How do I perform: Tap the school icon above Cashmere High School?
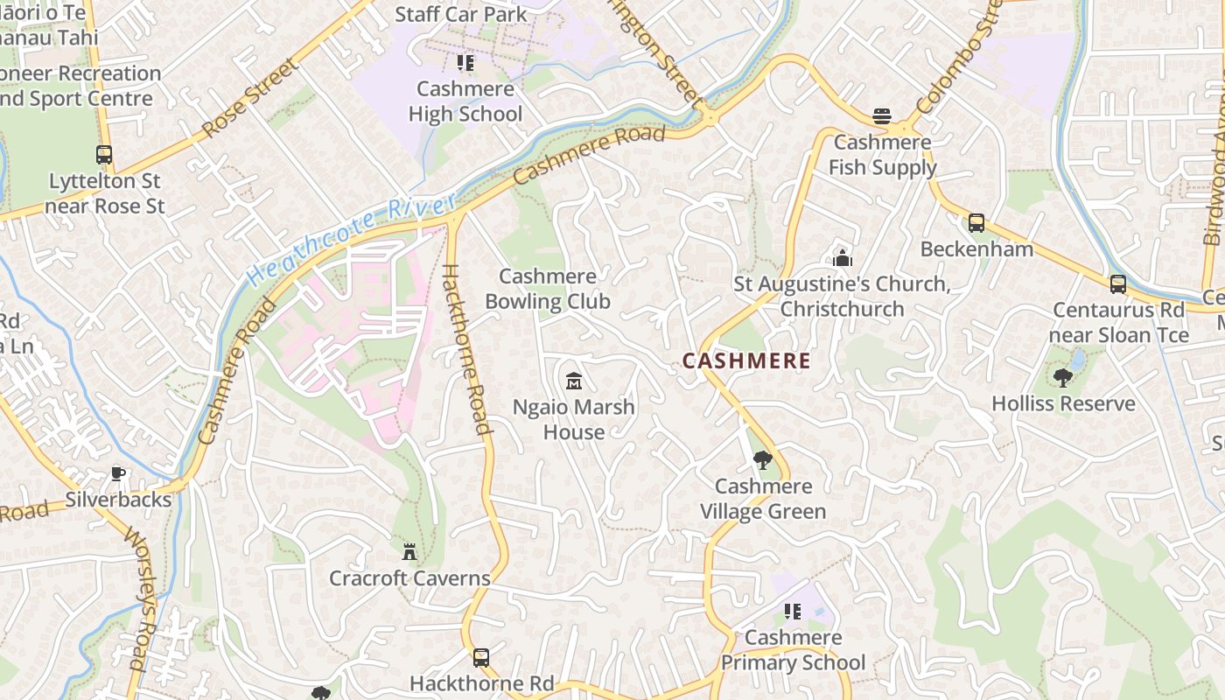click(x=465, y=63)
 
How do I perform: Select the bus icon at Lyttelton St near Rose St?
click(x=104, y=155)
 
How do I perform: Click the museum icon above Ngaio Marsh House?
click(x=574, y=381)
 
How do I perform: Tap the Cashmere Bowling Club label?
click(x=548, y=289)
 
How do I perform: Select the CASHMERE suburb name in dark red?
click(x=746, y=360)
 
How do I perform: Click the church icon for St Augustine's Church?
click(x=843, y=257)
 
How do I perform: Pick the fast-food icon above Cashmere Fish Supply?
click(x=881, y=116)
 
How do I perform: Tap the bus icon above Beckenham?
click(x=976, y=223)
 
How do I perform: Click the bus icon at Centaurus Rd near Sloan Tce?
click(x=1117, y=284)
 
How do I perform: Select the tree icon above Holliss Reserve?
click(x=1063, y=378)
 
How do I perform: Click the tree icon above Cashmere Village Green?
click(x=763, y=460)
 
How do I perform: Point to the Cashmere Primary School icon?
click(x=793, y=612)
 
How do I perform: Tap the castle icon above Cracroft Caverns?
click(x=409, y=552)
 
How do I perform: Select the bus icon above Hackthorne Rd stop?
click(x=480, y=657)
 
